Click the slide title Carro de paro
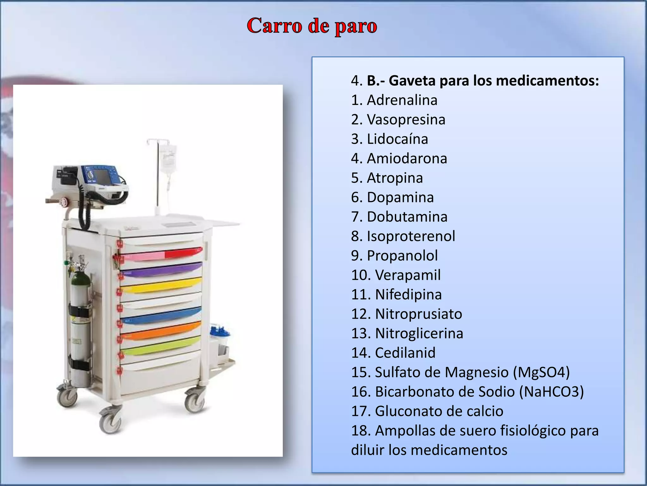[312, 26]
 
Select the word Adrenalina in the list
[402, 100]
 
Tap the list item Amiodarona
[407, 159]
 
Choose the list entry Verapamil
[408, 275]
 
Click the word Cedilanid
[405, 353]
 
